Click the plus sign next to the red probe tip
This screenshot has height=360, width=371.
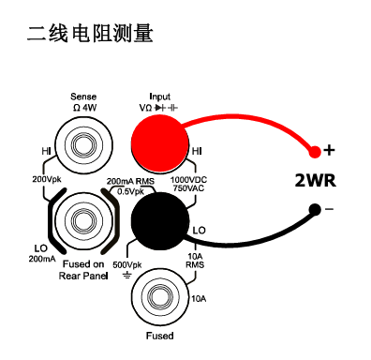click(329, 149)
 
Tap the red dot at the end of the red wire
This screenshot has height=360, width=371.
click(314, 150)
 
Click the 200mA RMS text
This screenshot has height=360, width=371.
click(130, 180)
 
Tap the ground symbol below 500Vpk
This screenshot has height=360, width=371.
click(126, 277)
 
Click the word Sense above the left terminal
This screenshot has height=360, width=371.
click(83, 97)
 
